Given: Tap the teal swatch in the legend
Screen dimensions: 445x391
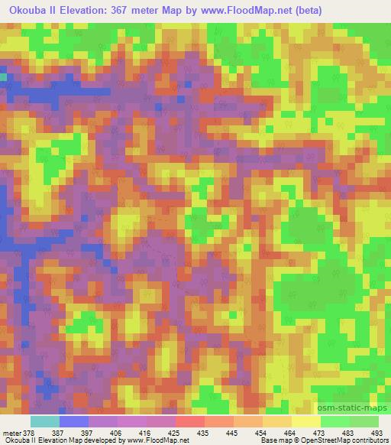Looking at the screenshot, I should [x=44, y=421].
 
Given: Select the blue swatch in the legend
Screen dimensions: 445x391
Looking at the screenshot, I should [x=73, y=421].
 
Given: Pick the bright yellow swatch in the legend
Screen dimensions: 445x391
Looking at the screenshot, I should [x=306, y=421].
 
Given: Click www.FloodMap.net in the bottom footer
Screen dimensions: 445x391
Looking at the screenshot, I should [x=161, y=440].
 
